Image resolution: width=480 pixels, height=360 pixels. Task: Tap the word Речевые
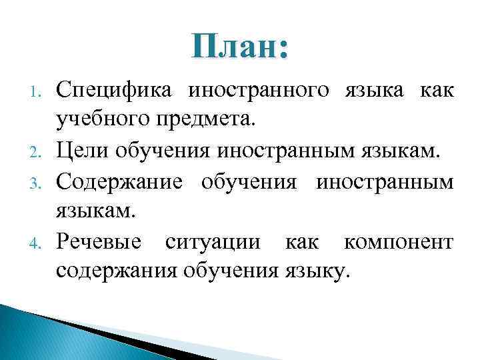tap(99, 241)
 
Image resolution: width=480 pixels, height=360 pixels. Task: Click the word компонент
tap(399, 241)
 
